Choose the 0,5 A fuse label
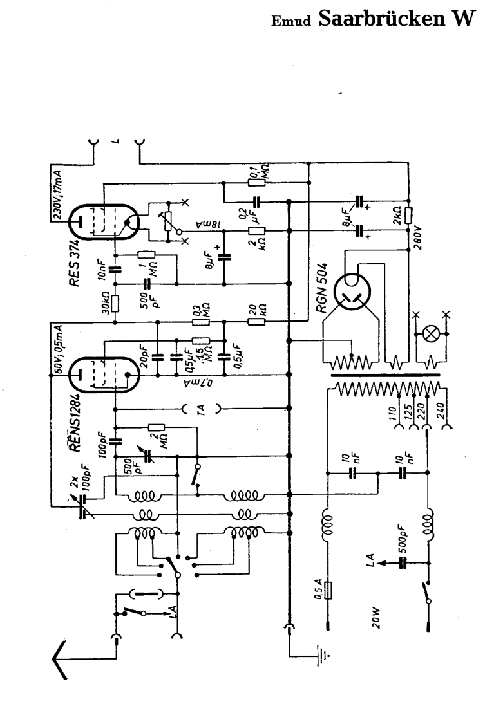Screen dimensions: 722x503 [318, 589]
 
